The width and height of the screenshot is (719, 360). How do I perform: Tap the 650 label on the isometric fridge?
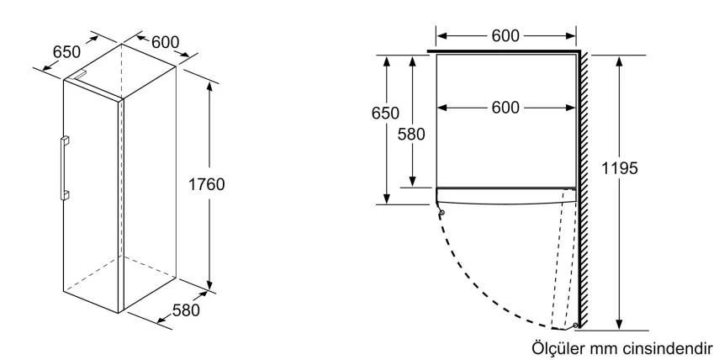[x=67, y=51]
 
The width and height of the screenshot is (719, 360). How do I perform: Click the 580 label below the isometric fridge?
[x=185, y=310]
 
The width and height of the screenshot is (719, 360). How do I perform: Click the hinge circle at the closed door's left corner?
[x=441, y=212]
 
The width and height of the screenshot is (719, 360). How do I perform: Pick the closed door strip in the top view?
[x=505, y=195]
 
